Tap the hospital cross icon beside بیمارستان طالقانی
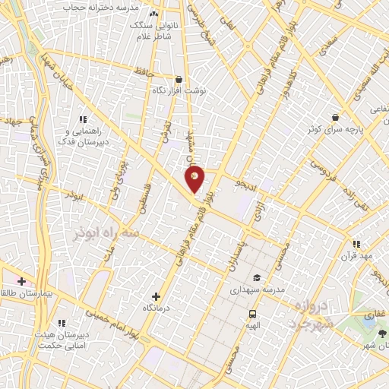click(22, 281)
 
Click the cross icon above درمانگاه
click(157, 296)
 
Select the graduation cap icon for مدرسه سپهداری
click(257, 278)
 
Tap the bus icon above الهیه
click(252, 314)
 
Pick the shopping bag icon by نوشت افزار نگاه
click(179, 79)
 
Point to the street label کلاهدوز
click(287, 94)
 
